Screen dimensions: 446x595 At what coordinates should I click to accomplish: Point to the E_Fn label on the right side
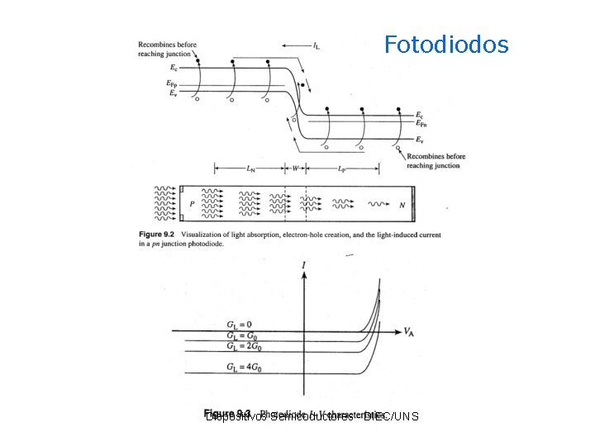pyautogui.click(x=421, y=124)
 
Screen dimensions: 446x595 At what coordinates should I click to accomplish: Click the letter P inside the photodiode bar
pyautogui.click(x=192, y=203)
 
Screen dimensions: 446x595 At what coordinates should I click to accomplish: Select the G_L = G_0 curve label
pyautogui.click(x=240, y=335)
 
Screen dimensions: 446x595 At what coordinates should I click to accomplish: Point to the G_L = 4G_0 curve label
pyautogui.click(x=242, y=364)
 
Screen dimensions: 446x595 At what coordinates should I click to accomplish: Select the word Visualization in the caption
pyautogui.click(x=202, y=235)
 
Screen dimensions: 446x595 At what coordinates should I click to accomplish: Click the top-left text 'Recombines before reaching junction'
pyautogui.click(x=167, y=49)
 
